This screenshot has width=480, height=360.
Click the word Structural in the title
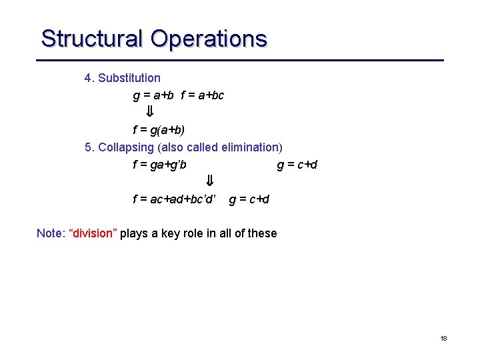point(92,39)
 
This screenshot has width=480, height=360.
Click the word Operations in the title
point(209,39)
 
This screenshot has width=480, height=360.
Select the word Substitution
point(129,78)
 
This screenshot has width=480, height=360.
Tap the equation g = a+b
point(153,95)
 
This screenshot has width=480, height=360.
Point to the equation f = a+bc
point(202,95)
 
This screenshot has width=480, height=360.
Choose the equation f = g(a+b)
point(159,129)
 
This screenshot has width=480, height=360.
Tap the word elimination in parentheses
point(246,147)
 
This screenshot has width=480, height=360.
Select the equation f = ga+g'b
point(164,164)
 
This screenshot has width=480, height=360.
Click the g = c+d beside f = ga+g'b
point(297,164)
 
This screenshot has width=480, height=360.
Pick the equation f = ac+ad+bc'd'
point(175,199)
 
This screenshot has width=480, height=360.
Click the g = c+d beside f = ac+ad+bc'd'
point(249,199)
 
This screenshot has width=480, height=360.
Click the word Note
point(49,233)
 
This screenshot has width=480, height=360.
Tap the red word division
point(93,233)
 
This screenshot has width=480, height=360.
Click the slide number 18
point(443,339)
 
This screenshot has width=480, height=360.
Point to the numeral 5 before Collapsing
point(88,147)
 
